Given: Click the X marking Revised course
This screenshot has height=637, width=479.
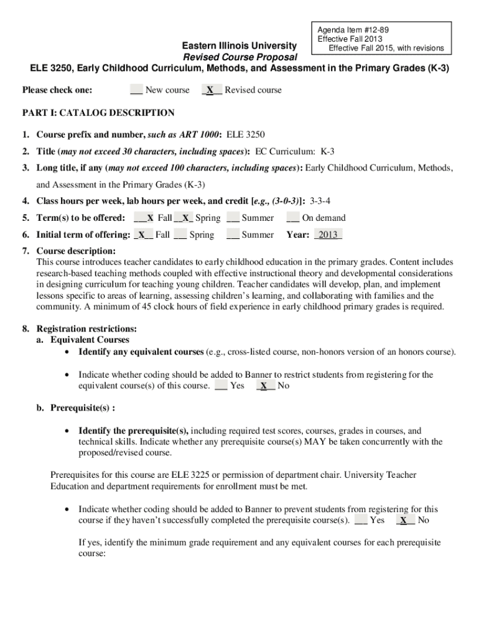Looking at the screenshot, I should [212, 90].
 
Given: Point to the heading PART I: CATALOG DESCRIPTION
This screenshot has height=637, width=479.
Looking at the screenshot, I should [98, 113].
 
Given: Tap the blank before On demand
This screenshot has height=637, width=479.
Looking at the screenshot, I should [292, 218].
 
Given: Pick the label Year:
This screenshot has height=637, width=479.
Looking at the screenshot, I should [298, 235].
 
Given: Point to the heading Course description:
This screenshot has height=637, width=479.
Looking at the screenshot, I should [76, 251].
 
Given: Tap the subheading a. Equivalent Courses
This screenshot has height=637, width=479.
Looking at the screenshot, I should [83, 340].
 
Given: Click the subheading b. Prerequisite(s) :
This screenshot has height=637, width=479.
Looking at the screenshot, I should [77, 408].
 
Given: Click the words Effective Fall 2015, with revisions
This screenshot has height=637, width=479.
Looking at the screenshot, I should [386, 48].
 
